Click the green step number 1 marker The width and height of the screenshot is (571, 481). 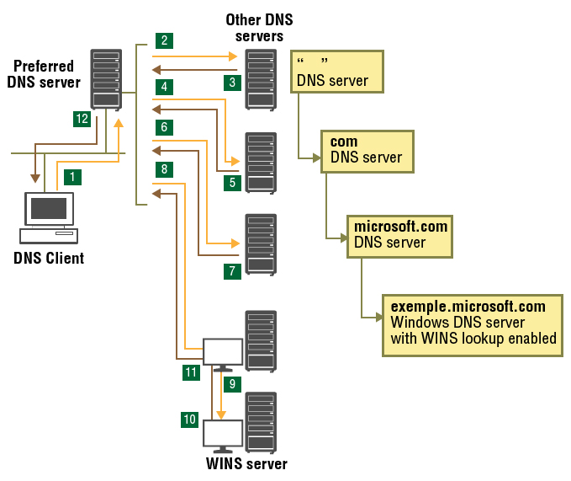(x=74, y=176)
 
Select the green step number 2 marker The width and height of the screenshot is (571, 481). (x=164, y=40)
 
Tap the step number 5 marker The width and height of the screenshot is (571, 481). (x=233, y=182)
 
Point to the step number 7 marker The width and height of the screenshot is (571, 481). (x=233, y=271)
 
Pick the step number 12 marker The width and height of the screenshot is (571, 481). (x=82, y=120)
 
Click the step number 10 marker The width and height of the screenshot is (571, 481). (x=191, y=418)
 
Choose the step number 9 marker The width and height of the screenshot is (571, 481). (x=233, y=384)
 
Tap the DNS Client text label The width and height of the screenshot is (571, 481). (x=49, y=258)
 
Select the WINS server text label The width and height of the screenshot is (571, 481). (x=246, y=464)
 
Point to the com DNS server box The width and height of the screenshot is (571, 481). (x=367, y=150)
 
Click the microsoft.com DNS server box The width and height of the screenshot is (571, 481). (x=400, y=235)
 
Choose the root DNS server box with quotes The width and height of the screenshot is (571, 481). (x=336, y=72)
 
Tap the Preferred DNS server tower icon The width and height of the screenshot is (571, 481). (x=106, y=79)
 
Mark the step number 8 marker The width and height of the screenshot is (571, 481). (x=164, y=169)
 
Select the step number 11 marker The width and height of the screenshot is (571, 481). (x=191, y=371)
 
